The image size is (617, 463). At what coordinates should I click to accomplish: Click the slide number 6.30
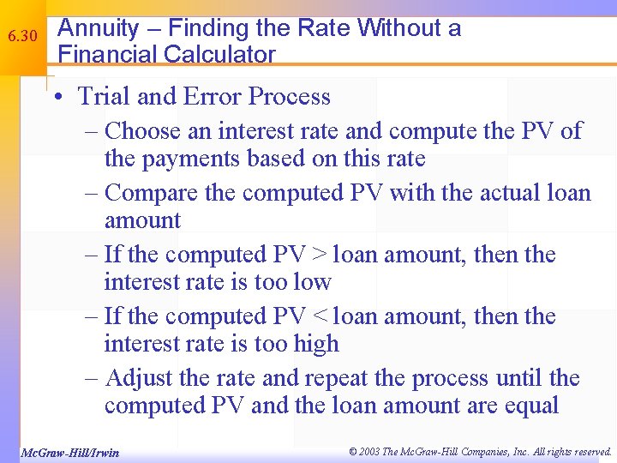point(23,38)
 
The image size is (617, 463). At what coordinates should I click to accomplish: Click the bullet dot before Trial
point(55,97)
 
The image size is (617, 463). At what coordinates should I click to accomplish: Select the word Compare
point(147,193)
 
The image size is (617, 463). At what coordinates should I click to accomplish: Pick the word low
point(312,282)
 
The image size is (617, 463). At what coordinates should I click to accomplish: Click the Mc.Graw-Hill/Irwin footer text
point(69,452)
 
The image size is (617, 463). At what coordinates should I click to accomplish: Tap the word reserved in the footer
point(588,451)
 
